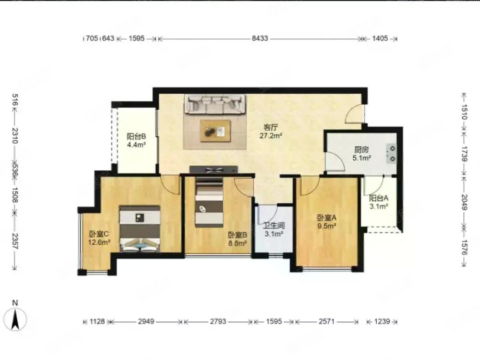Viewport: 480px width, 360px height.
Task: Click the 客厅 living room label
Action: tap(271, 128)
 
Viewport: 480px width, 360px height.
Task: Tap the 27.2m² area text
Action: tap(271, 136)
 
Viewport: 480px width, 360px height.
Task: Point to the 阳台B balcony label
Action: tap(136, 136)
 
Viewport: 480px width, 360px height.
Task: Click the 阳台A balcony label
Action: tap(378, 198)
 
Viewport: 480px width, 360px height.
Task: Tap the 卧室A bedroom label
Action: tap(327, 218)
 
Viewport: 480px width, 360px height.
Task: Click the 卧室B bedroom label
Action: tap(237, 235)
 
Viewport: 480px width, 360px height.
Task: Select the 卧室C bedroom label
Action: tap(99, 234)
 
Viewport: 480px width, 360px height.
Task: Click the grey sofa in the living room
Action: tap(216, 104)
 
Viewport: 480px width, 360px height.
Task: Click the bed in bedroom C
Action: tap(140, 228)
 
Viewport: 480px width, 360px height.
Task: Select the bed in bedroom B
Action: tap(209, 202)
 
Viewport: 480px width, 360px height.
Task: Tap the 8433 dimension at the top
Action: tap(260, 39)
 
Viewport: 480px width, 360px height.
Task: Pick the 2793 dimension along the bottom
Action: tap(218, 322)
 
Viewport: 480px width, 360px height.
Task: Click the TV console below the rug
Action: tap(214, 169)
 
